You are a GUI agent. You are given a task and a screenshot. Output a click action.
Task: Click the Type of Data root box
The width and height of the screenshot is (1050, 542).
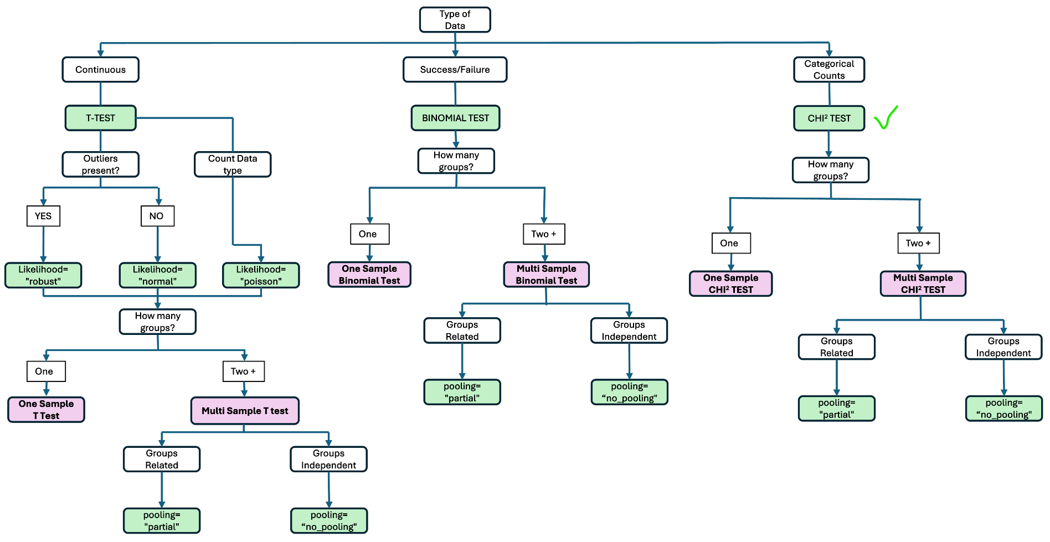point(455,20)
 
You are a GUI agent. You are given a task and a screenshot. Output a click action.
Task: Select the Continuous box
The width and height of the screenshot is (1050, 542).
point(100,70)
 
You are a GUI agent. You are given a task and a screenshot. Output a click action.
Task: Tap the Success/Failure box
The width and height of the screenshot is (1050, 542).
point(455,70)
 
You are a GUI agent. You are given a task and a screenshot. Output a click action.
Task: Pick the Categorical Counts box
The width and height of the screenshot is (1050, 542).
point(828,70)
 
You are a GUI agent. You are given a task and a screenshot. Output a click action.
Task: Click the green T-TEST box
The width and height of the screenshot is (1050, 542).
point(100,118)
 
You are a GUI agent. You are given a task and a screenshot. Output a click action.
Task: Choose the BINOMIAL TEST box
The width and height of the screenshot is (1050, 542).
point(455,118)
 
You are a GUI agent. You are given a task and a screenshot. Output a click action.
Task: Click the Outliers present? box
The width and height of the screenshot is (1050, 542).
point(100,164)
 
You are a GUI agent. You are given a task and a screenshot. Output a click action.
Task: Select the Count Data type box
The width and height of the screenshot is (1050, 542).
point(233,164)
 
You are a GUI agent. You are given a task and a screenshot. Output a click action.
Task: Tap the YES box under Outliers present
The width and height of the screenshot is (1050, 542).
point(43,216)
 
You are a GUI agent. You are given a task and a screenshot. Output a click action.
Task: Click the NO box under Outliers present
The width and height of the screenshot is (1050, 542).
point(157,216)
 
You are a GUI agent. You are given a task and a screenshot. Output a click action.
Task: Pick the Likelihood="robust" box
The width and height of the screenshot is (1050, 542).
point(43,275)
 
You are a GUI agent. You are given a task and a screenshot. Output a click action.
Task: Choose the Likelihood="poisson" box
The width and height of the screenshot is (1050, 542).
point(261,275)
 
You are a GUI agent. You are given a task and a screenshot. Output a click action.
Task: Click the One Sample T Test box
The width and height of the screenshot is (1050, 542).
point(46,410)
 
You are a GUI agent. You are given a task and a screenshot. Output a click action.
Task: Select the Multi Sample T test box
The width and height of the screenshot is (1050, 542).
point(245,411)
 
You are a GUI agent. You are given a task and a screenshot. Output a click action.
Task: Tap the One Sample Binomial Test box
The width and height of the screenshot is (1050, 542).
point(369,275)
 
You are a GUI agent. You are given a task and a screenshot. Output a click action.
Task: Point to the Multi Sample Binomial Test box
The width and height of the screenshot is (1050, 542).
point(546,275)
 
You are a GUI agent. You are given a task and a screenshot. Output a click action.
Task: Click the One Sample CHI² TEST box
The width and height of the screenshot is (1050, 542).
point(730,283)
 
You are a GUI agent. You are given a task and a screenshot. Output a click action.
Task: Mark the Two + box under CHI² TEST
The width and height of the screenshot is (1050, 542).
point(918,243)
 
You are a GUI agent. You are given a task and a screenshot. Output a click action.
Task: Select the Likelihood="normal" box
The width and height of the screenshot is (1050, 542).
point(157,275)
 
